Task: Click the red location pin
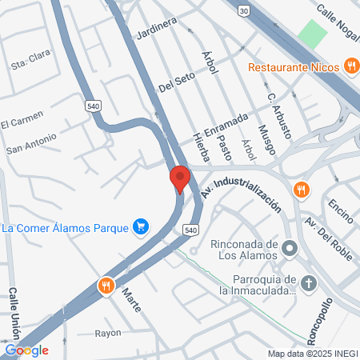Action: tap(179, 178)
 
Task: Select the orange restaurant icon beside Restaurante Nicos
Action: tap(350, 66)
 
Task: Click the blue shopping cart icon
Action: tap(141, 228)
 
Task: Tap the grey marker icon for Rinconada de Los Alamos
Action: tap(290, 250)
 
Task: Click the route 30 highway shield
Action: tap(243, 10)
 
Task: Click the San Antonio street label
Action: tap(31, 143)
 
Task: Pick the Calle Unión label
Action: tap(14, 313)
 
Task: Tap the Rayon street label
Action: tap(107, 333)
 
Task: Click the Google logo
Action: tap(26, 350)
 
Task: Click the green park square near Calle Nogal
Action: tap(313, 34)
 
